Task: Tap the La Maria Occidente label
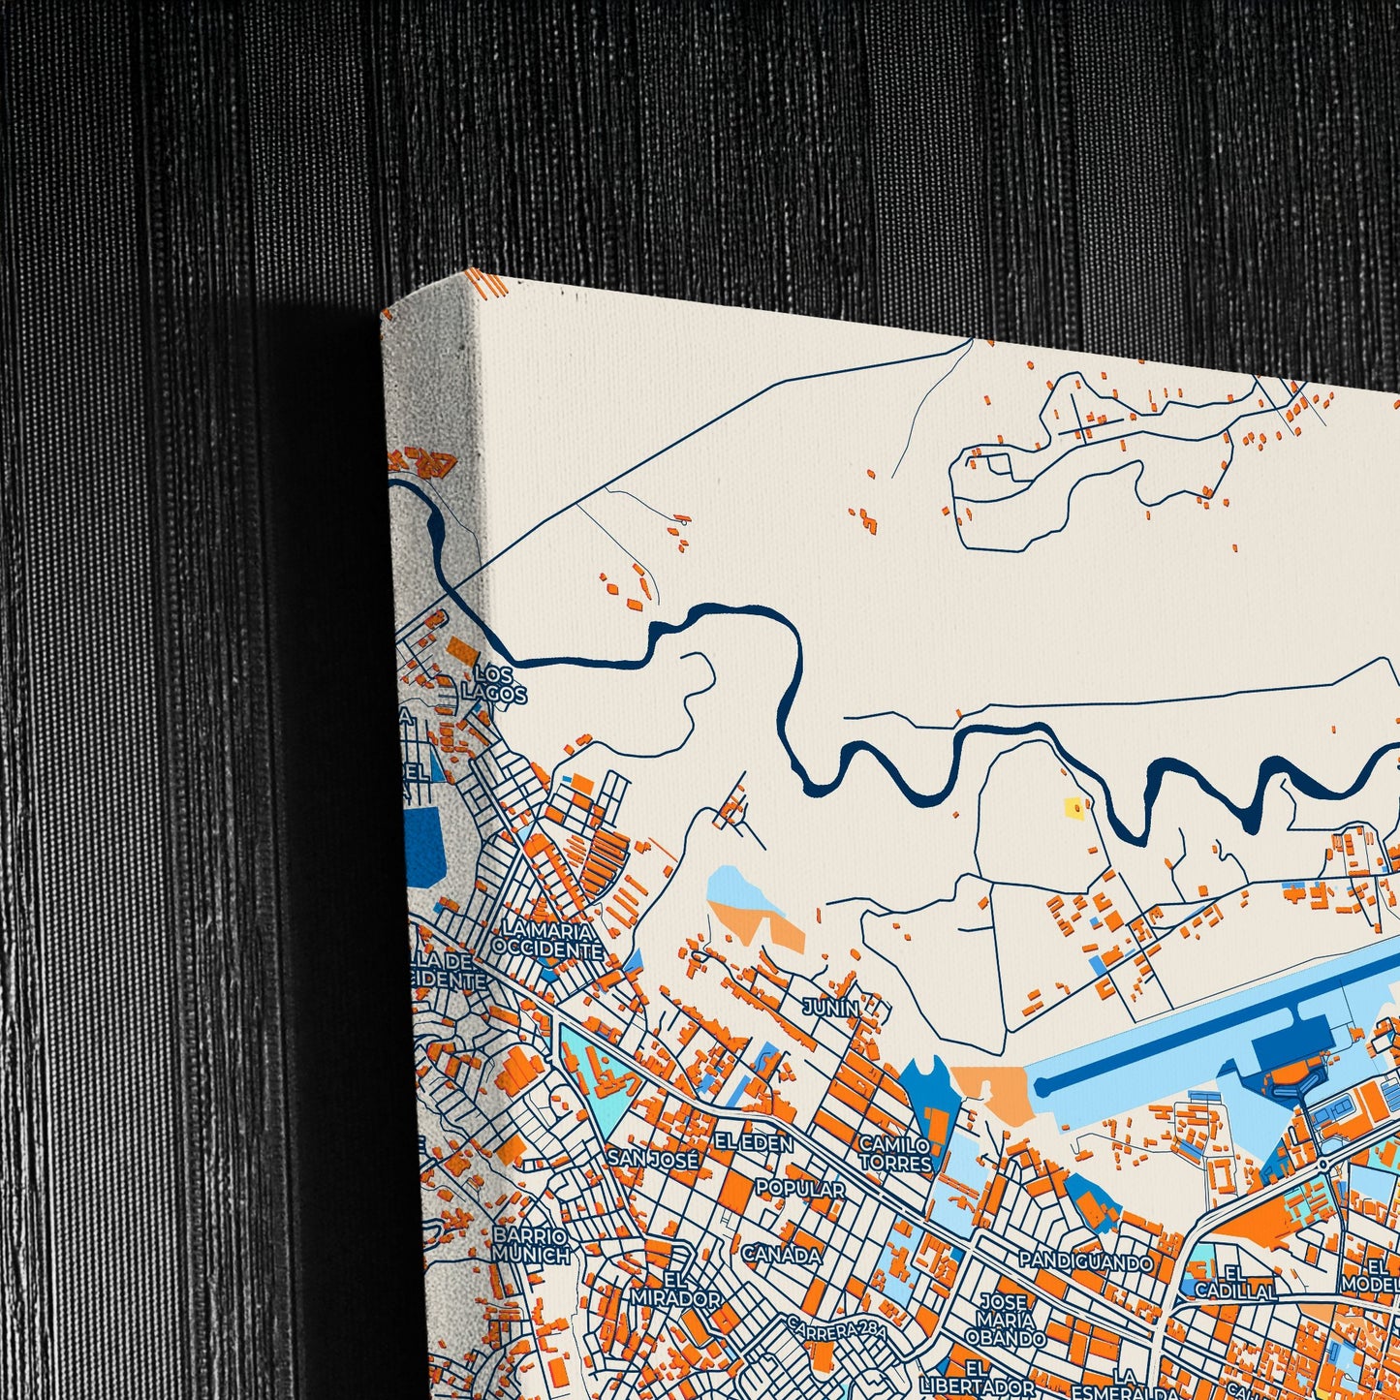pyautogui.click(x=547, y=941)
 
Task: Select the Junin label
pyautogui.click(x=830, y=1008)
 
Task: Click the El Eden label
pyautogui.click(x=753, y=1143)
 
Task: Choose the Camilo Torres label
pyautogui.click(x=895, y=1153)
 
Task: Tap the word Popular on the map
pyautogui.click(x=799, y=1188)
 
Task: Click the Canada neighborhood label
pyautogui.click(x=781, y=1255)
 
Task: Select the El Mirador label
pyautogui.click(x=677, y=1291)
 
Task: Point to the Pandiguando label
pyautogui.click(x=1085, y=1261)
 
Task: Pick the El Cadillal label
pyautogui.click(x=1235, y=1282)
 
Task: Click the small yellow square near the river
pyautogui.click(x=1073, y=806)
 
